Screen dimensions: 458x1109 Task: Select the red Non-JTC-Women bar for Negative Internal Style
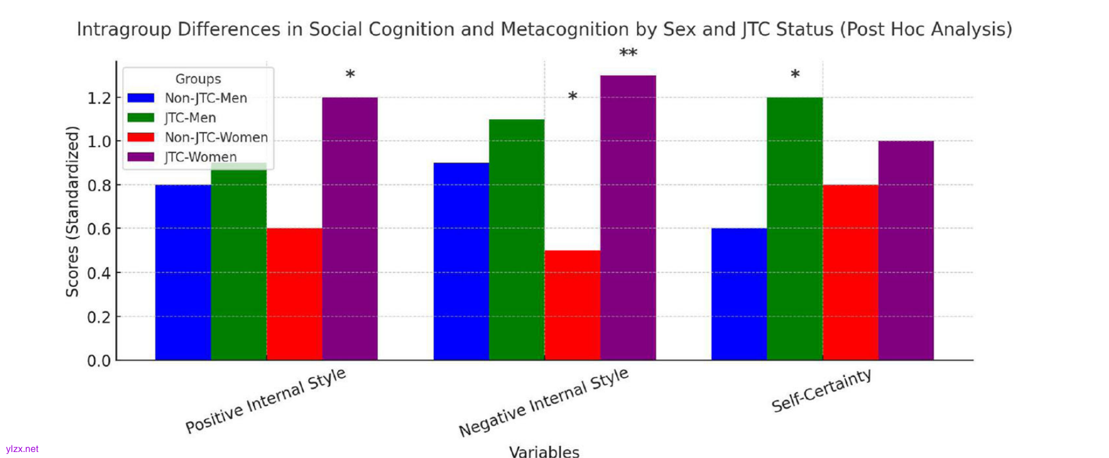click(x=572, y=305)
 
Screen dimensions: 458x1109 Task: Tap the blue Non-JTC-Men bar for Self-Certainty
click(x=739, y=294)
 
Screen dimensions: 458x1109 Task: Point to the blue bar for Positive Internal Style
click(x=183, y=272)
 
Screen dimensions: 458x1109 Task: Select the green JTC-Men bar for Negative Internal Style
click(x=517, y=239)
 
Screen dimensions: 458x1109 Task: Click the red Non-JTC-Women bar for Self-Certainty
click(x=850, y=272)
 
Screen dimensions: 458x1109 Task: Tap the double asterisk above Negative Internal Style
click(x=628, y=54)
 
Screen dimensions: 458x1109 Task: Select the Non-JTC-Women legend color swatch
click(x=141, y=137)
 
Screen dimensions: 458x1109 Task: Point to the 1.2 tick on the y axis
click(x=99, y=98)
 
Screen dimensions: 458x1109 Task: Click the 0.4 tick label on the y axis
click(x=99, y=273)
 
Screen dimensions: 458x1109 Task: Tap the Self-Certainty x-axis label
click(x=821, y=391)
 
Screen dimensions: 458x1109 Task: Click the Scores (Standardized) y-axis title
click(x=72, y=211)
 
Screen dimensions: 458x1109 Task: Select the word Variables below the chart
click(x=544, y=451)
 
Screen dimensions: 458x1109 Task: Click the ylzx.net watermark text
click(x=22, y=449)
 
